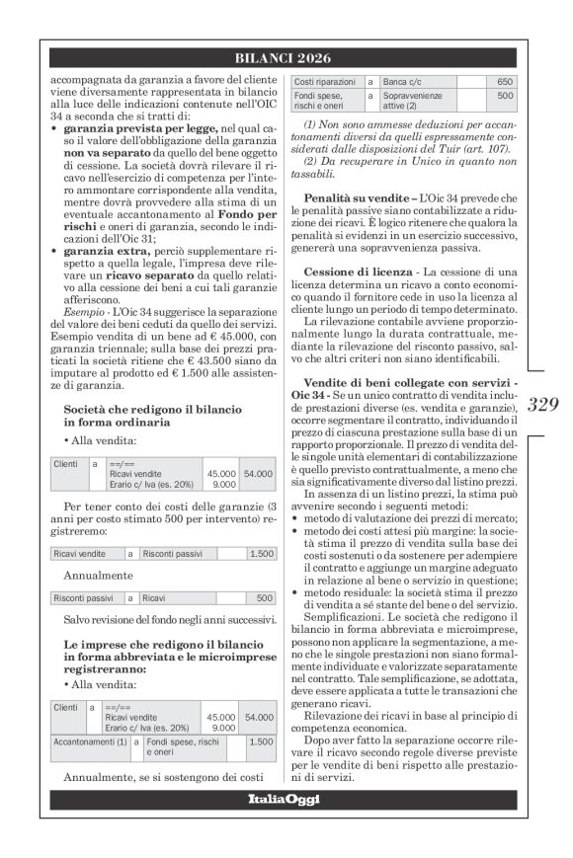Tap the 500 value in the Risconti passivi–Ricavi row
264,598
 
